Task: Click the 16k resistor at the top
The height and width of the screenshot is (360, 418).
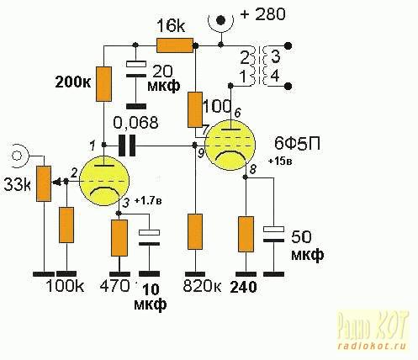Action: pos(175,46)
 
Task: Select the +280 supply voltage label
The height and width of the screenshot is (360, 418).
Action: pos(263,14)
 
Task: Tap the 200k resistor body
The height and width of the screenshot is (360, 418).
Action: pos(103,84)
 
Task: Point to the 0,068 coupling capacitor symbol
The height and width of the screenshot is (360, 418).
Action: pos(127,146)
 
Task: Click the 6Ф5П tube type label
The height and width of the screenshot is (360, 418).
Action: pos(297,144)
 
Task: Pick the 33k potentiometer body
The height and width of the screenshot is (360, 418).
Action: pos(44,183)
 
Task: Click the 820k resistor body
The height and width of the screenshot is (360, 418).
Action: pos(195,231)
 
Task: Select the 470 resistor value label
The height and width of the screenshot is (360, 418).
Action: pos(115,286)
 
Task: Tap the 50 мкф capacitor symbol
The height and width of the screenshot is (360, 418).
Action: pos(273,235)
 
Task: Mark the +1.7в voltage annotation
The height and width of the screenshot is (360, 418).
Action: pos(148,201)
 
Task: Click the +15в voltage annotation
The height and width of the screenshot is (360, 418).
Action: pos(281,161)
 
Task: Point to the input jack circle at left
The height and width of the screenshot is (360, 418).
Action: pos(17,155)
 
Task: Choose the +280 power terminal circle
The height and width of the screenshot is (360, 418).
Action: pos(221,20)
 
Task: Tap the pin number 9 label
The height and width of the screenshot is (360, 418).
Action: pos(201,154)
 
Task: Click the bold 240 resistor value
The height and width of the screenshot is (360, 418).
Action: pos(243,287)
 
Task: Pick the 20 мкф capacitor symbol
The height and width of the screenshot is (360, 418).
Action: pos(136,70)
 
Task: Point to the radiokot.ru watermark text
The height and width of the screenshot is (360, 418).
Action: pos(372,346)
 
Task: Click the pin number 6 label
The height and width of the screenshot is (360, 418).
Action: pos(237,114)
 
